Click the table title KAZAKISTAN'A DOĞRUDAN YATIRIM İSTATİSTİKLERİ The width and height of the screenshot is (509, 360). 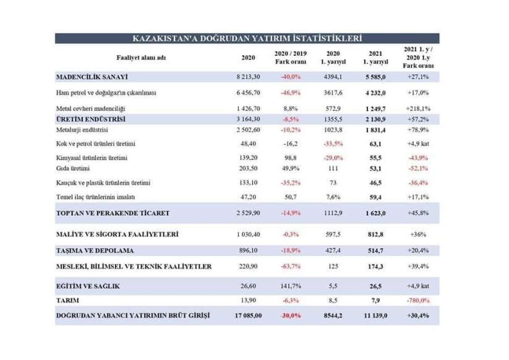click(247, 38)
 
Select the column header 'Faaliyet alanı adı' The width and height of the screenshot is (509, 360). click(141, 58)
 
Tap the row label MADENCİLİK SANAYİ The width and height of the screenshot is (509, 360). click(92, 77)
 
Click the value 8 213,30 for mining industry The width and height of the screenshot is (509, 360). click(249, 77)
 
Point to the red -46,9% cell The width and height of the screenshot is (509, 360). click(291, 93)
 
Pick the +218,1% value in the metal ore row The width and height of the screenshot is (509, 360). click(418, 108)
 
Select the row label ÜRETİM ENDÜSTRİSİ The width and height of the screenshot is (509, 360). click(90, 119)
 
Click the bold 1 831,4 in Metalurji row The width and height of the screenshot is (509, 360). click(375, 130)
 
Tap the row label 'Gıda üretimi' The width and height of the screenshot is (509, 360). click(73, 168)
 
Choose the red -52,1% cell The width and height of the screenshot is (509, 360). click(418, 168)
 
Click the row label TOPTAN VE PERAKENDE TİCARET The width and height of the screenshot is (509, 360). click(113, 213)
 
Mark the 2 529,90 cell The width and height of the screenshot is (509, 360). click(249, 213)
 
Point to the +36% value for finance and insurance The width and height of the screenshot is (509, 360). click(418, 234)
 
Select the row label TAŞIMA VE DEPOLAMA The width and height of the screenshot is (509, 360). click(95, 251)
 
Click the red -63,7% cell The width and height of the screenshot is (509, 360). click(291, 267)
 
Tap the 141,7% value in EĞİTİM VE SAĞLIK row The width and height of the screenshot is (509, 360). click(291, 286)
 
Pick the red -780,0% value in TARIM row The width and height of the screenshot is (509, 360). click(418, 301)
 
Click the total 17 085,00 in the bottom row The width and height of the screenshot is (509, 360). click(249, 315)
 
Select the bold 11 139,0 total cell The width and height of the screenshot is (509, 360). click(375, 315)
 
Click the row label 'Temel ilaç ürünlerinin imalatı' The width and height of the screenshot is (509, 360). click(95, 197)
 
